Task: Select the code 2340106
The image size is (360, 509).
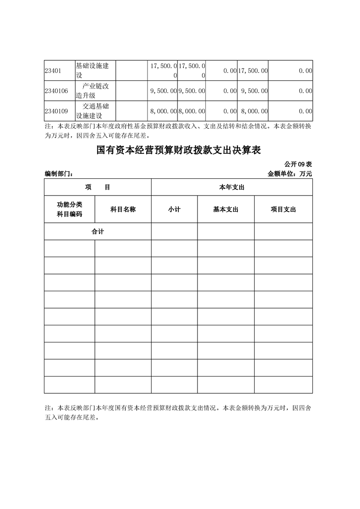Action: tap(56, 91)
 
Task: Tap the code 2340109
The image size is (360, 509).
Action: tap(56, 111)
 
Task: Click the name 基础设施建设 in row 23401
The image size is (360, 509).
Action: tap(92, 71)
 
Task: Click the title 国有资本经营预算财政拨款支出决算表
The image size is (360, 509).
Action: tap(178, 151)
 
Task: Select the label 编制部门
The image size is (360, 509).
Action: tap(59, 174)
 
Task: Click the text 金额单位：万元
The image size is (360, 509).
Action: tap(291, 174)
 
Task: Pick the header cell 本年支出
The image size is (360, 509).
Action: tap(232, 187)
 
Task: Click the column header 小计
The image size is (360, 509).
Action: tap(174, 209)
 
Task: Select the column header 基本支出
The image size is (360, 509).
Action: tap(226, 209)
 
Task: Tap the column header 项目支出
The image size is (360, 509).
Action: tap(283, 209)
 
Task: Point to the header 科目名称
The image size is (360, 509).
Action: tap(123, 209)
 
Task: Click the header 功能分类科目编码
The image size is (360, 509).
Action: tap(69, 209)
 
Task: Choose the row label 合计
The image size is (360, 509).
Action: tap(98, 231)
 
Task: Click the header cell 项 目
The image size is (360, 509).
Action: tap(98, 187)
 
